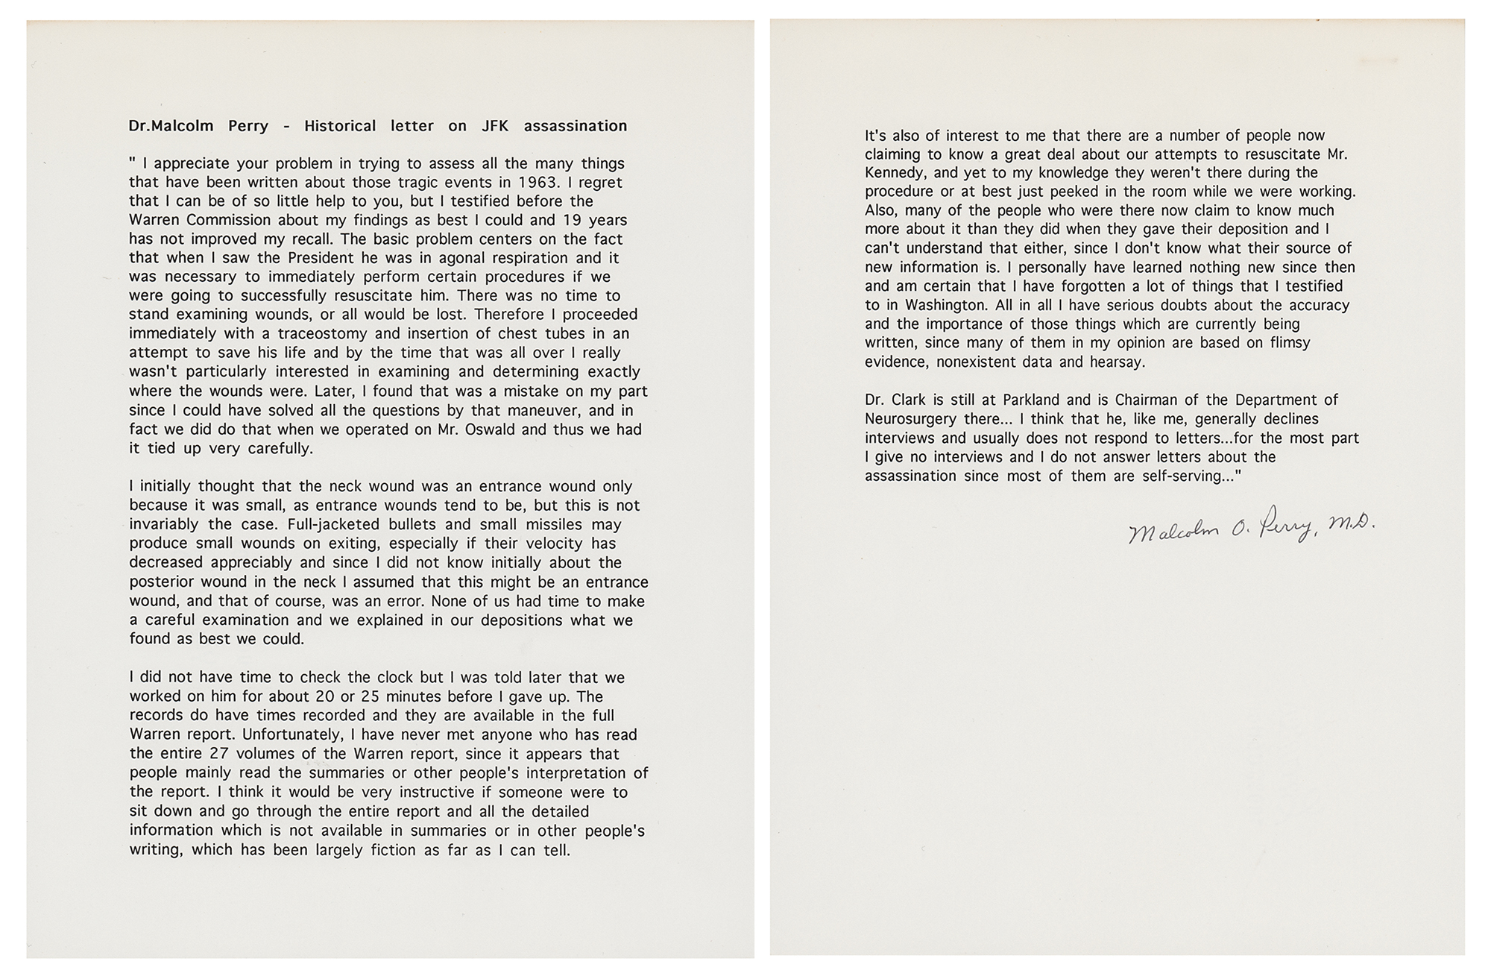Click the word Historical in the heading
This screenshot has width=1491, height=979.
coord(340,126)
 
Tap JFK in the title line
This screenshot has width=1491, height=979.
coord(495,126)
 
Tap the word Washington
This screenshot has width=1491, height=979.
coord(946,305)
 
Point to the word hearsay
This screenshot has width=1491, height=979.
coord(1116,362)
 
